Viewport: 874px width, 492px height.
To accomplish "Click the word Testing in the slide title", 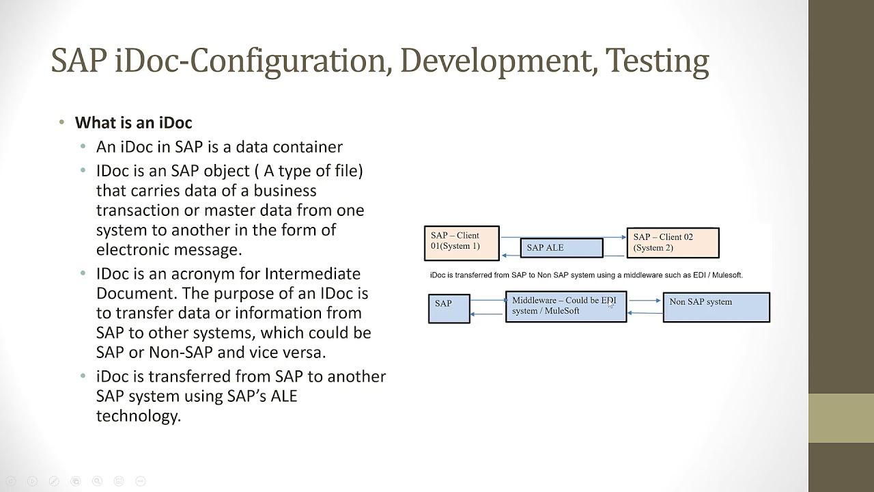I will pos(657,61).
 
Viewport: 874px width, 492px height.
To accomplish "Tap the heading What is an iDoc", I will pos(133,123).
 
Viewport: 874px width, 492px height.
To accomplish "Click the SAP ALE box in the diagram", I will pos(561,247).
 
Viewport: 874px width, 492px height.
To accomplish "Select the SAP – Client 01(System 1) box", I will pos(462,243).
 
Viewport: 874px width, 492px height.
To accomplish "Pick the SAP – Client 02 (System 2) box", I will pos(673,243).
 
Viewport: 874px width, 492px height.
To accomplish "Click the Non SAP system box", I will pos(716,307).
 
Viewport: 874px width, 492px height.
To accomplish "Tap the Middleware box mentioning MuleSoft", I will pos(565,307).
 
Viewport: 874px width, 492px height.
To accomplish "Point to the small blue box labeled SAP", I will pos(449,307).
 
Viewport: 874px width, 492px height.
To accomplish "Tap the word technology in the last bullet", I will pos(138,416).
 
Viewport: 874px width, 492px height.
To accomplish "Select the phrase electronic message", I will pos(169,249).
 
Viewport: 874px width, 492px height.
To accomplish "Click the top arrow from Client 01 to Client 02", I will pos(563,237).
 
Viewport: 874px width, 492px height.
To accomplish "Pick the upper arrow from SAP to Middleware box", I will pos(488,300).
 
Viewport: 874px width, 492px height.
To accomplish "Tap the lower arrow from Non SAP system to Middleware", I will pos(645,313).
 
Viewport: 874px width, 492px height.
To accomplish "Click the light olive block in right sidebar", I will pos(841,418).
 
